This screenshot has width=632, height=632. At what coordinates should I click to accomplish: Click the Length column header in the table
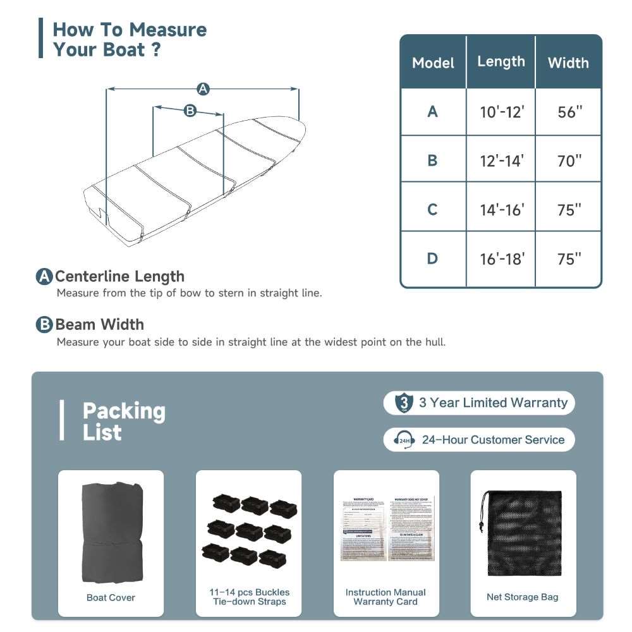(x=501, y=61)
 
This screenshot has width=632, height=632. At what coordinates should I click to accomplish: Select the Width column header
(x=568, y=63)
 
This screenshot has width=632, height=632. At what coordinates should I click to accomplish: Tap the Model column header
(x=433, y=63)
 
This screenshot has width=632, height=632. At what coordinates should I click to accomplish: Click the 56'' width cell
(x=569, y=112)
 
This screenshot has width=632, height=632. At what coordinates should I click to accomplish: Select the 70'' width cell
(x=569, y=161)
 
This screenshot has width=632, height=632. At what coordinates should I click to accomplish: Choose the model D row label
(x=432, y=258)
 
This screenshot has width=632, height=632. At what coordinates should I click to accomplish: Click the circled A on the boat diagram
(x=203, y=89)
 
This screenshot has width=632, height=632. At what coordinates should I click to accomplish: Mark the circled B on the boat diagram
(x=190, y=111)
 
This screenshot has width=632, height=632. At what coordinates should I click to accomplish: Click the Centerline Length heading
(x=119, y=276)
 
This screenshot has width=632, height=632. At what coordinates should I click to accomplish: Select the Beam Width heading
(x=99, y=324)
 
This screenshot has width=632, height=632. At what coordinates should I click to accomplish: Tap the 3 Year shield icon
(x=403, y=403)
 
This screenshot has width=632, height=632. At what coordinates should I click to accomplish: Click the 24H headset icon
(x=403, y=440)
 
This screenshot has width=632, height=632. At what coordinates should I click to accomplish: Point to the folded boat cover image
(x=111, y=532)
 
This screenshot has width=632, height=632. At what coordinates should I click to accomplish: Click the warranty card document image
(x=386, y=528)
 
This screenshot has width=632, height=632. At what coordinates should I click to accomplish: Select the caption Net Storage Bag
(x=523, y=597)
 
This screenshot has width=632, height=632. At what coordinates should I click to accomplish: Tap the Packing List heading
(x=124, y=422)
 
